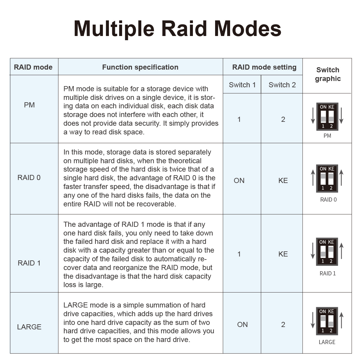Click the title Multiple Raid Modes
[x=178, y=29]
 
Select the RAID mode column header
[x=33, y=67]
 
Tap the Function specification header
[x=140, y=67]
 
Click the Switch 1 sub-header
[x=242, y=85]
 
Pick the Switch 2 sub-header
[x=282, y=85]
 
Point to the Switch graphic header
[x=328, y=74]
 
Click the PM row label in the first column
[x=29, y=105]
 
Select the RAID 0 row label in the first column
[x=29, y=178]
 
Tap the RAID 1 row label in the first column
[x=29, y=263]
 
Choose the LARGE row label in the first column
[x=29, y=327]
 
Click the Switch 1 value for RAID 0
[x=239, y=181]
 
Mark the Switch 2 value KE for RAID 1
[x=283, y=254]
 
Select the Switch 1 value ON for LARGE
[x=242, y=325]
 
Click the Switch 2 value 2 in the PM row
[x=283, y=120]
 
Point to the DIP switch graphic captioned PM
[x=327, y=117]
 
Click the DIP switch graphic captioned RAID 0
[x=327, y=178]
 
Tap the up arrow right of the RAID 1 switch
[x=341, y=251]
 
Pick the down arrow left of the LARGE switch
[x=313, y=320]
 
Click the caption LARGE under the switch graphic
[x=327, y=342]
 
